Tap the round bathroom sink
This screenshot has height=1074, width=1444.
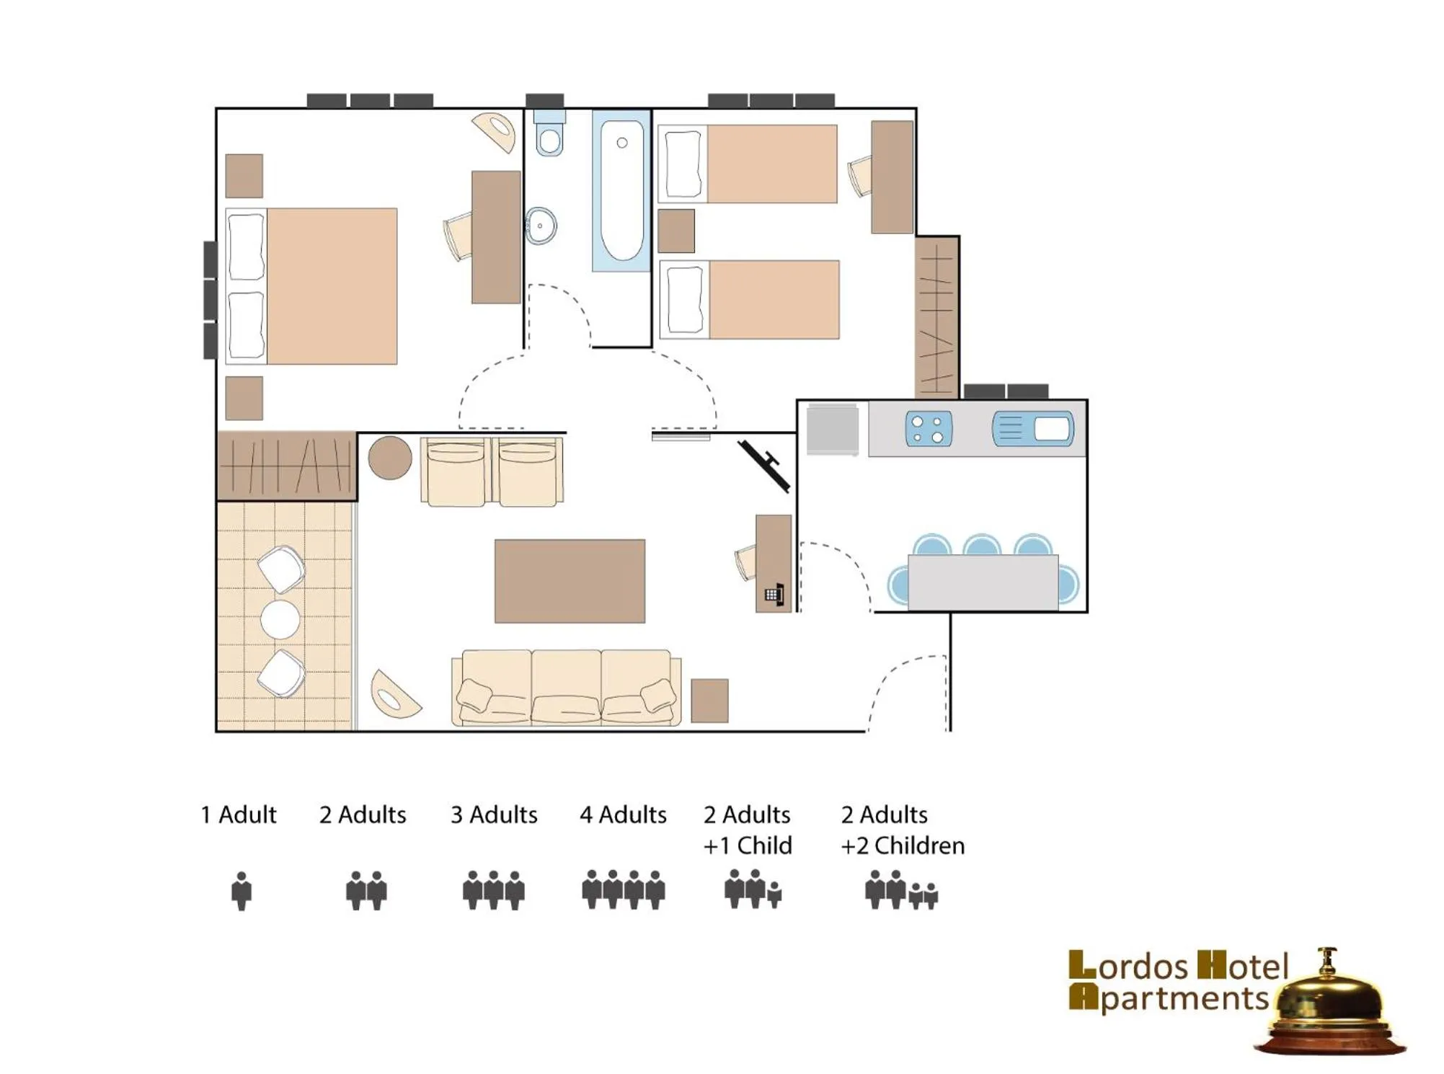541,226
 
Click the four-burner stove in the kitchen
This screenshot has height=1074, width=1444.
928,429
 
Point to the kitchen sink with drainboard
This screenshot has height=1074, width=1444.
1032,429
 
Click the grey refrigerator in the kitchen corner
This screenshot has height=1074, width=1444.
833,430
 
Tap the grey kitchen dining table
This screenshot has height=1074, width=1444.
983,582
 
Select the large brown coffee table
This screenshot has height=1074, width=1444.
570,581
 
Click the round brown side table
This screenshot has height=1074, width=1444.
390,458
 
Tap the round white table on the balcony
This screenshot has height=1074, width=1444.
280,619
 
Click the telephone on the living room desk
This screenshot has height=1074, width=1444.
774,595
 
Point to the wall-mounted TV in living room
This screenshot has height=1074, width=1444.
765,465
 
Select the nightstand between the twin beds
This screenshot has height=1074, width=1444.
676,231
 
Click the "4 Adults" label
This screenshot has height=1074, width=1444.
623,815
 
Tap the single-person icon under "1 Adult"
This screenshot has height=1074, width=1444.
242,891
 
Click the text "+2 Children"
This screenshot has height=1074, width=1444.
902,846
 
